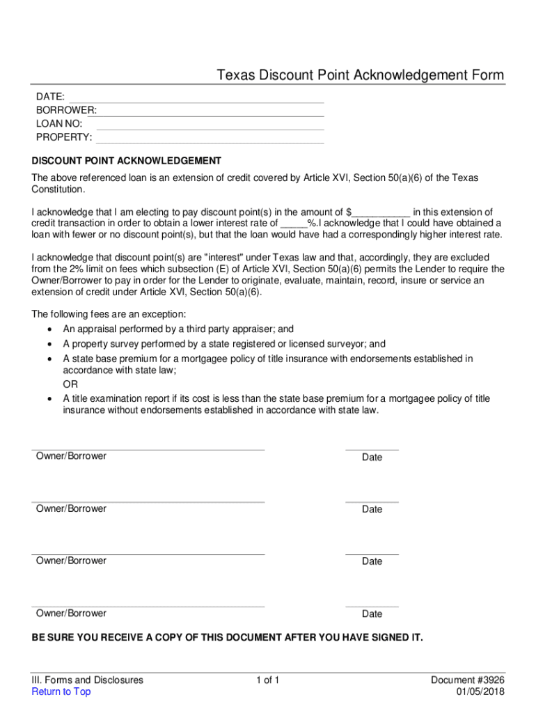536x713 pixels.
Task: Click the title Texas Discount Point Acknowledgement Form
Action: click(x=360, y=75)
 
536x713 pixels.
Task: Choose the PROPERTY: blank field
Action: click(x=209, y=137)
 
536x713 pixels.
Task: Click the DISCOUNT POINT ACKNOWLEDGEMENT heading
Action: click(x=127, y=161)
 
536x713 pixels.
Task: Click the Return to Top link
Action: click(x=61, y=691)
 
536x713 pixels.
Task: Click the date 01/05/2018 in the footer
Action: click(x=480, y=691)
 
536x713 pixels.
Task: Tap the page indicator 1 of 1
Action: click(x=267, y=680)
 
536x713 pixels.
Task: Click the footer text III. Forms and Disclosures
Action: click(x=88, y=680)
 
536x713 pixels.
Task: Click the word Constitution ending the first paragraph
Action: click(x=58, y=189)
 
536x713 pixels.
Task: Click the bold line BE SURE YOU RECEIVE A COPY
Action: click(x=227, y=637)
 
